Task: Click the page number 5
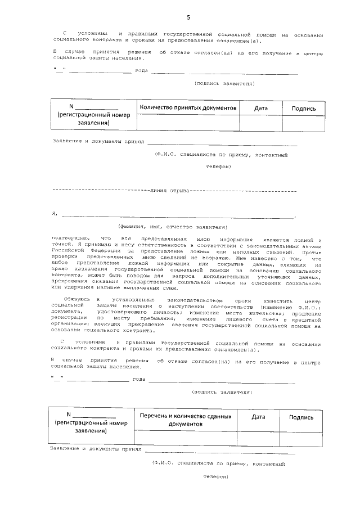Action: [181, 17]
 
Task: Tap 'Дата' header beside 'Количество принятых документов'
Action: [261, 108]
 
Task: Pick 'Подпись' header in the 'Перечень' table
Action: [301, 417]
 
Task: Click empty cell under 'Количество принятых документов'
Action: [188, 123]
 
